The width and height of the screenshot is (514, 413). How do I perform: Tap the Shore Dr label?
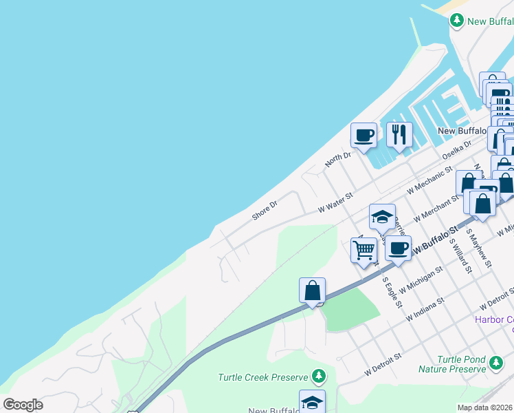(265, 210)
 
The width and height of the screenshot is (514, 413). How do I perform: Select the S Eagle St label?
(392, 292)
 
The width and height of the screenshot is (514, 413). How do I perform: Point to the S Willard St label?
(460, 255)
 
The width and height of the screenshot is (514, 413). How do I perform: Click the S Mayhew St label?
(480, 248)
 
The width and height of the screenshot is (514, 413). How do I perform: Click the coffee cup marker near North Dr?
(364, 135)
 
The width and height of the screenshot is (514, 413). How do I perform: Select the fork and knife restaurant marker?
(399, 135)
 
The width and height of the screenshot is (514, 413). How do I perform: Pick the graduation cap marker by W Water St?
(382, 217)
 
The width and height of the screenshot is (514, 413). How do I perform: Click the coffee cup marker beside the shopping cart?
(397, 248)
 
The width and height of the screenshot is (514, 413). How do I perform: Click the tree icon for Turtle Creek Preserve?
(317, 377)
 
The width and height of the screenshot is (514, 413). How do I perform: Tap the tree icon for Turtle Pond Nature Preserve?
(495, 361)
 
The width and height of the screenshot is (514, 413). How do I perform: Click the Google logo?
(23, 405)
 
